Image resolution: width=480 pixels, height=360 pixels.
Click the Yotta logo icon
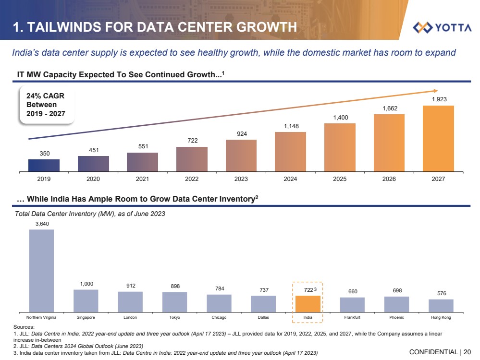pos(423,27)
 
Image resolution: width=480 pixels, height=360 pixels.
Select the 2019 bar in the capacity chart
pos(44,165)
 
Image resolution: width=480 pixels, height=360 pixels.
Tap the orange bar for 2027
pos(438,138)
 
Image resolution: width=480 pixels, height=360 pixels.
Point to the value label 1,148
pos(290,126)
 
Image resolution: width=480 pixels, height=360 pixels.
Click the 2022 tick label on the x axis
pos(192,179)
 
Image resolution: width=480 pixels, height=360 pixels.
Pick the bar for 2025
pos(340,147)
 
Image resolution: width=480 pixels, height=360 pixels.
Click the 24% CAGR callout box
pos(46,105)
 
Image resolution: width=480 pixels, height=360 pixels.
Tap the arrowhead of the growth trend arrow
pos(435,90)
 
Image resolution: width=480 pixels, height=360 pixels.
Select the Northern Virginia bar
pos(41,271)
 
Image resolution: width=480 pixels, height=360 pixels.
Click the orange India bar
pos(308,304)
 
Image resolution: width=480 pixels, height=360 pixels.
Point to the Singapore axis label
pos(86,318)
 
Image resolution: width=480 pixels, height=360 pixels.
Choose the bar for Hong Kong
pos(441,306)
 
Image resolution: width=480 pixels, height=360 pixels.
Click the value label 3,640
pos(42,224)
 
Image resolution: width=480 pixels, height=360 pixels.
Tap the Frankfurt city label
pos(352,318)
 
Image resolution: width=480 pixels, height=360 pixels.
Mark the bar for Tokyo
pos(174,302)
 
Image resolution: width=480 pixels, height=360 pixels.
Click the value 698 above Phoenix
pos(396,291)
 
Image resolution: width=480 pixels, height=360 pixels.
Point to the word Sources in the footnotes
pos(25,327)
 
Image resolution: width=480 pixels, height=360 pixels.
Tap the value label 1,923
pos(439,99)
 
